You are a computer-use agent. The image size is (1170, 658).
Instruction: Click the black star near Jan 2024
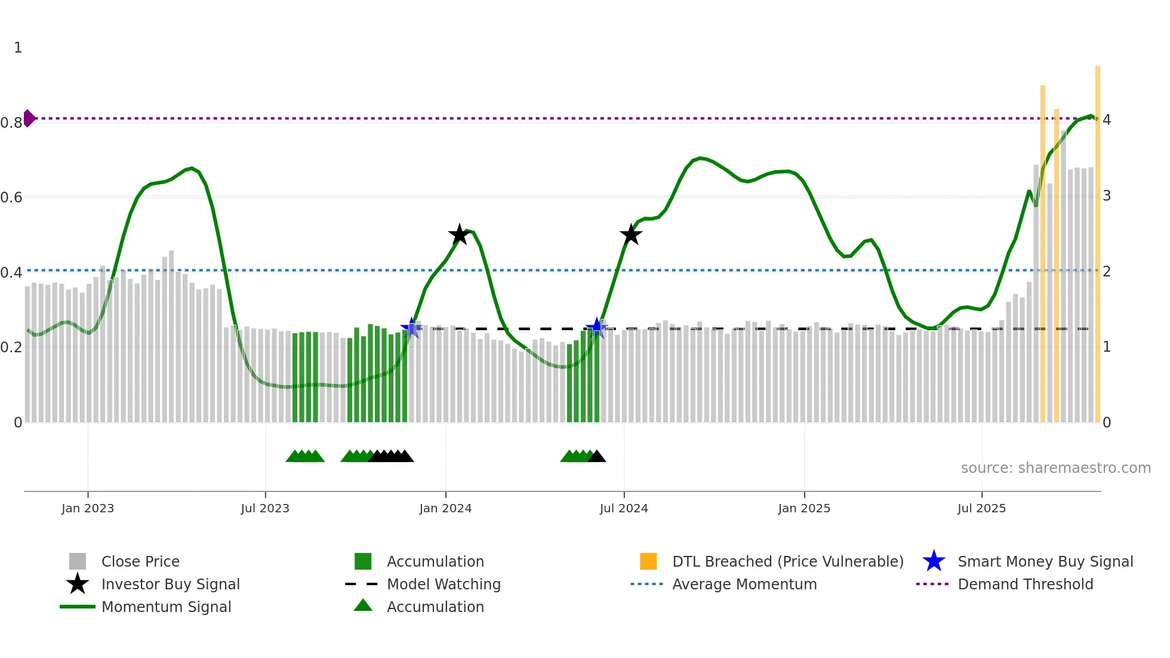[x=459, y=235]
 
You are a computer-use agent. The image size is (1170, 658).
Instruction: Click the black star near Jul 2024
[x=630, y=235]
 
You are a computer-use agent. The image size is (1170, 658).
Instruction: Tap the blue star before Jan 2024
[x=411, y=328]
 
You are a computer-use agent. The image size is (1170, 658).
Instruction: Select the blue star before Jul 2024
[x=596, y=328]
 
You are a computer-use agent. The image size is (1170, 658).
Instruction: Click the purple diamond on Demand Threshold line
[x=29, y=118]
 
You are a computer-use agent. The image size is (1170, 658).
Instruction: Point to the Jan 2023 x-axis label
[x=88, y=508]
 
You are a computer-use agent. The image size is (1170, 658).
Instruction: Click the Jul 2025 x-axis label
[x=981, y=508]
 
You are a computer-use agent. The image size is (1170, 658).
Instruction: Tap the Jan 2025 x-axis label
[x=804, y=508]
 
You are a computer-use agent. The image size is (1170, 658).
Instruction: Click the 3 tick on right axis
[x=1106, y=196]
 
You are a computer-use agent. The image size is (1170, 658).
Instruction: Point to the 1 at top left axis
[x=18, y=48]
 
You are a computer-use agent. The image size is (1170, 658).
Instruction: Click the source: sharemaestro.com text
[x=1055, y=468]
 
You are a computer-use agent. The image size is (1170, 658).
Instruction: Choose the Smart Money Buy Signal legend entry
[x=1045, y=561]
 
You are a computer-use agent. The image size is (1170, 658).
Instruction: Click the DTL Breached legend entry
[x=787, y=561]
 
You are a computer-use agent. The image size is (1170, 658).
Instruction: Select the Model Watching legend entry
[x=443, y=584]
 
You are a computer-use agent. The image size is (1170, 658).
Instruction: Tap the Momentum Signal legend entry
[x=166, y=607]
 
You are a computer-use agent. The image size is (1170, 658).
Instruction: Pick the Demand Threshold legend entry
[x=1025, y=584]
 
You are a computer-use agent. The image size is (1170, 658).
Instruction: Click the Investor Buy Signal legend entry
[x=170, y=584]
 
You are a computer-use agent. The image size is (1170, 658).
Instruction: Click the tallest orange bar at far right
[x=1097, y=239]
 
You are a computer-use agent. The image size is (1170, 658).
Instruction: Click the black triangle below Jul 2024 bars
[x=596, y=457]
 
